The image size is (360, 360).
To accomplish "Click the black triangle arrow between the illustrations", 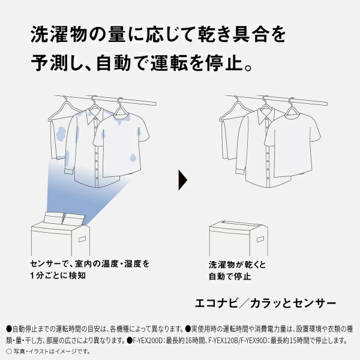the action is (182, 180).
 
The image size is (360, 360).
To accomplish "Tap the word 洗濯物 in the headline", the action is (58, 34).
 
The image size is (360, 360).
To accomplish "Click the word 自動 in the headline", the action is (113, 62).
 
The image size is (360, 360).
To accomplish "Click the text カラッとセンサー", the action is (293, 303).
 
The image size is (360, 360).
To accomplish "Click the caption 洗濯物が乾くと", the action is (237, 265).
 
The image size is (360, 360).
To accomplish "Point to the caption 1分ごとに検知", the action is (58, 275).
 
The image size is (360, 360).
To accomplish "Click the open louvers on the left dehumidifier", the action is (64, 219).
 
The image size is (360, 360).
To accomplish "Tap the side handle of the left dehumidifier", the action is (82, 239).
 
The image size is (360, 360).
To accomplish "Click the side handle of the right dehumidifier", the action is (260, 239).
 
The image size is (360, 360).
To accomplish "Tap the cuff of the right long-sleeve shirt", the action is (239, 171).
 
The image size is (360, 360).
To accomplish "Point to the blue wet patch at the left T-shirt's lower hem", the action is (133, 157).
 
